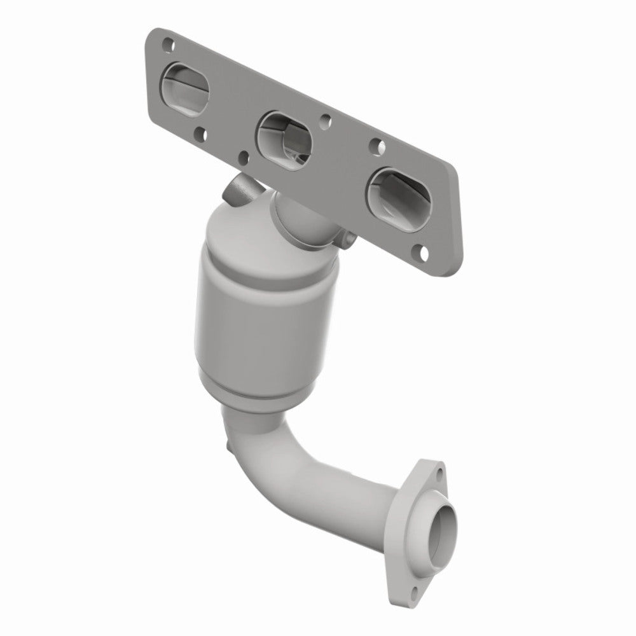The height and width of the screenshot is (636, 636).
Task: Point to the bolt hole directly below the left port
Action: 202,134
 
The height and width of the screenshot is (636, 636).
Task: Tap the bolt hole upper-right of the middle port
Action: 326,119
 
